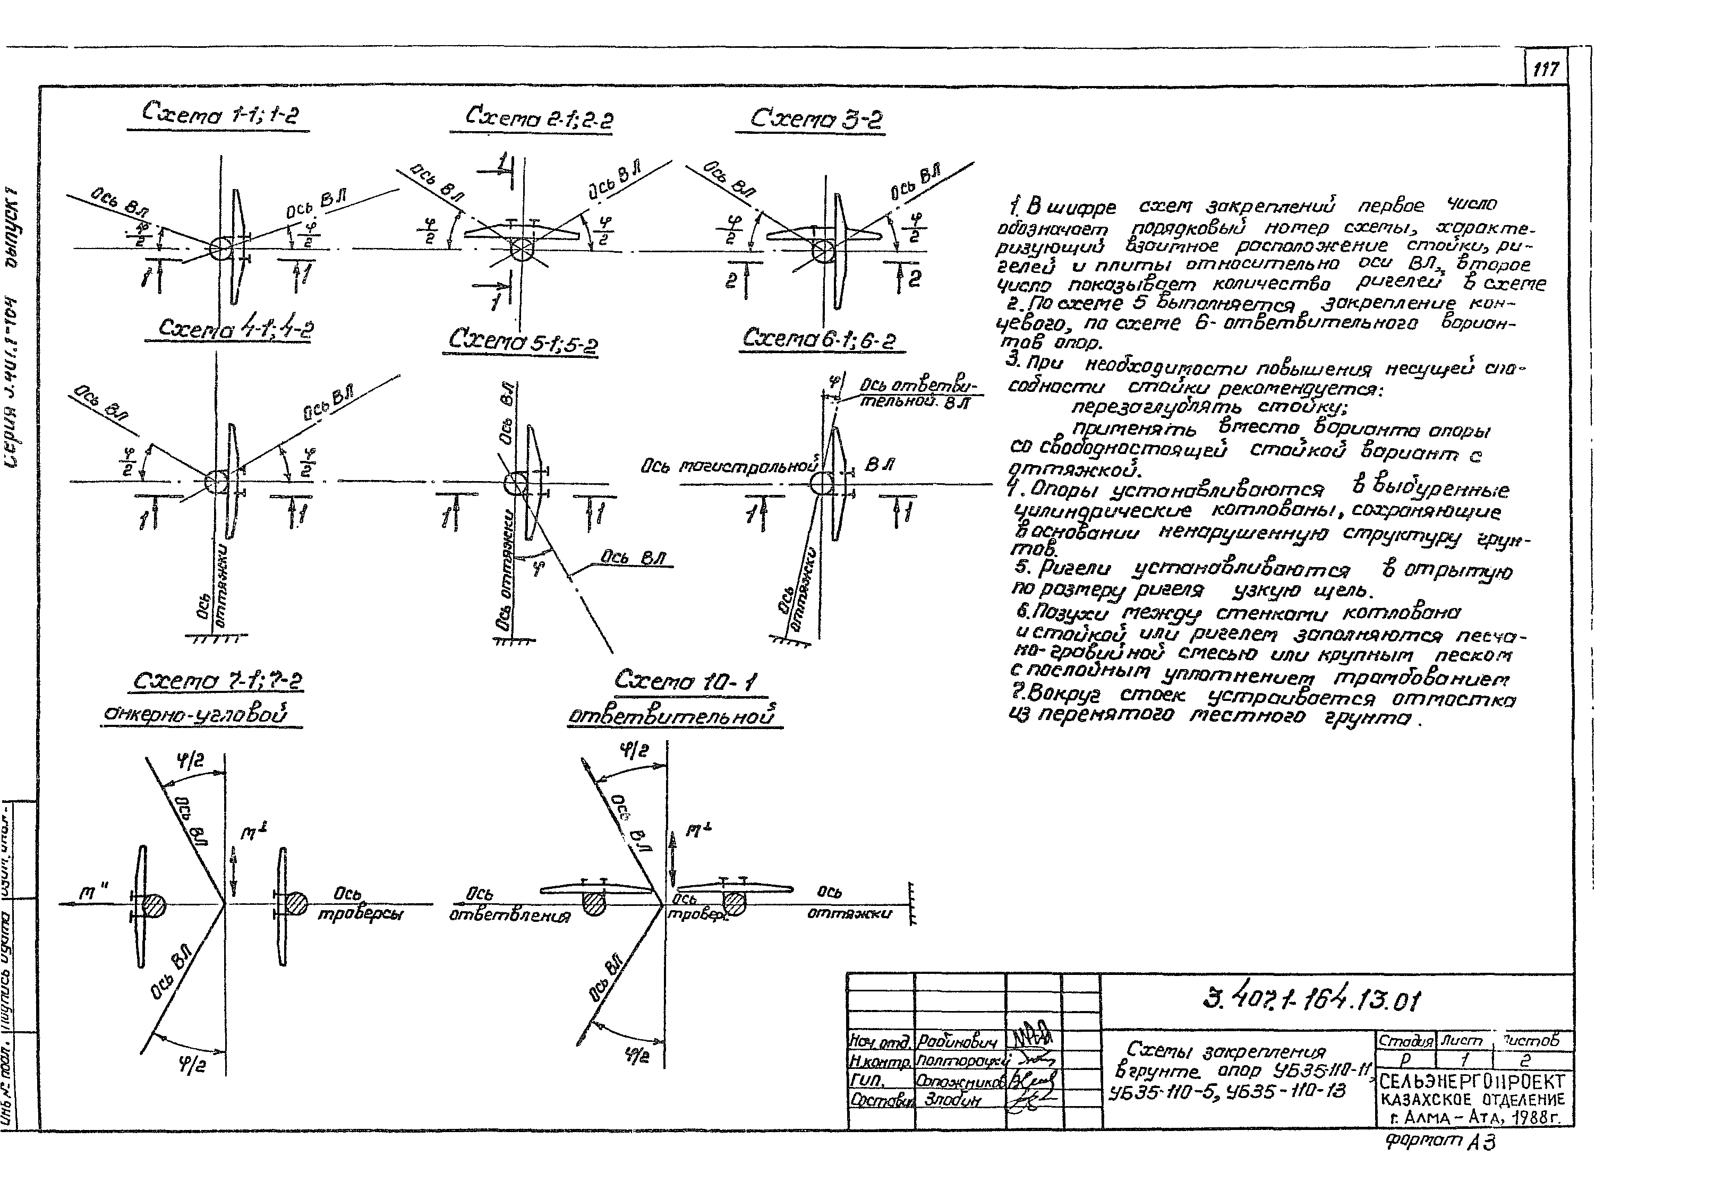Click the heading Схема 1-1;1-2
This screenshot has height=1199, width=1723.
220,114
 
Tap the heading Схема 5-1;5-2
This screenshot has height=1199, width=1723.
523,341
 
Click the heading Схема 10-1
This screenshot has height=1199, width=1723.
685,681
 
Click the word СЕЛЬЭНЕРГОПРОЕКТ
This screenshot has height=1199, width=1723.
1472,1081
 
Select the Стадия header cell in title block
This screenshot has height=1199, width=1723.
1405,1041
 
